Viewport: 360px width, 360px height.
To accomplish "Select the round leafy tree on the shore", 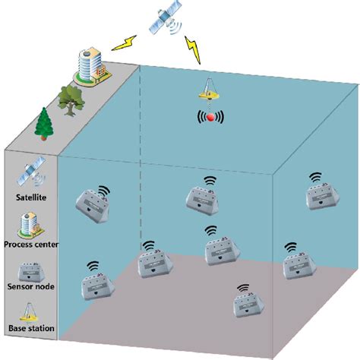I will tap(70, 100).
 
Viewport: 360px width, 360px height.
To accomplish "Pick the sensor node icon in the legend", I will tap(30, 272).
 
